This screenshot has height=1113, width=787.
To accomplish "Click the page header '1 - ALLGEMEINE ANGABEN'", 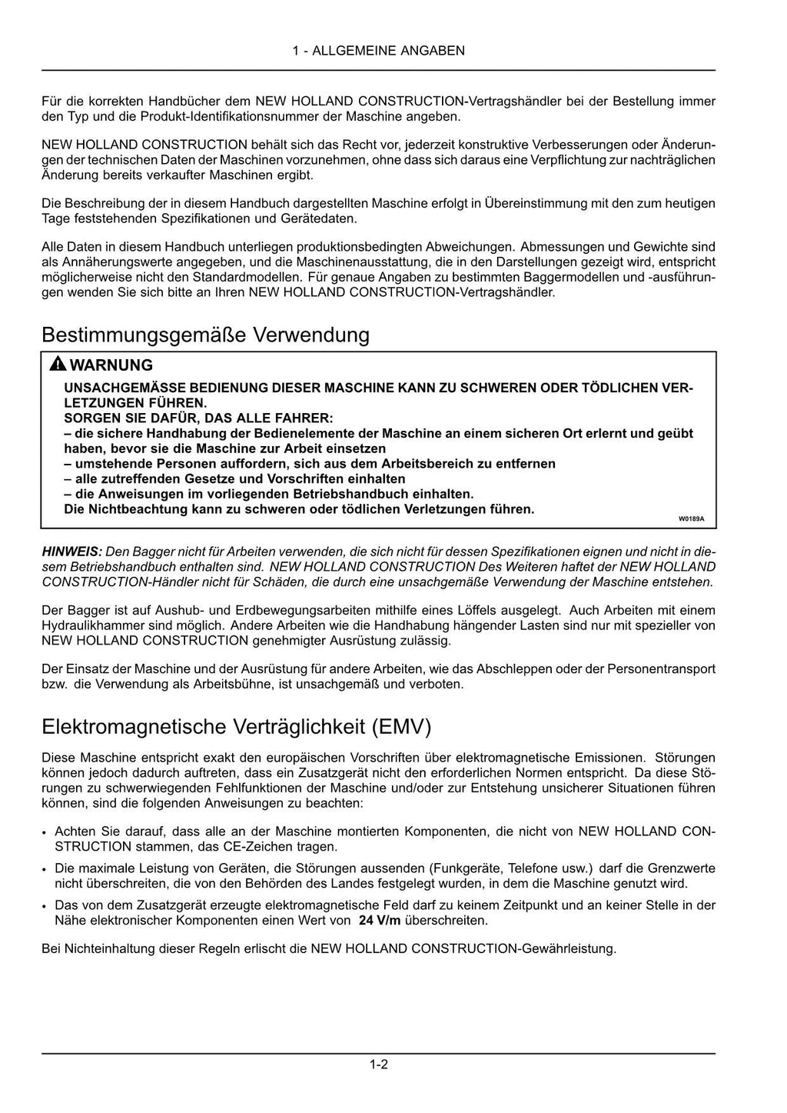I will click(378, 51).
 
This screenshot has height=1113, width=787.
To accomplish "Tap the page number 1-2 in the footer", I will click(378, 1065).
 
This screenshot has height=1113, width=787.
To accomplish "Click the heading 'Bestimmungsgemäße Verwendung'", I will click(205, 335).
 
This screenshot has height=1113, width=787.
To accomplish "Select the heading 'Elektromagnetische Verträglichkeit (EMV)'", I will click(237, 727).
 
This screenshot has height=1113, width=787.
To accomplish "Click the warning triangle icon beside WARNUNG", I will click(57, 365).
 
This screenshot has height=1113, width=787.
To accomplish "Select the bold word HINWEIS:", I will click(71, 552).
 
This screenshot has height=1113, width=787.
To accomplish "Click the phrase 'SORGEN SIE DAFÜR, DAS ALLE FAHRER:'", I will click(198, 418).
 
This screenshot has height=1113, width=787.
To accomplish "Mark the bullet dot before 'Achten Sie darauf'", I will click(45, 832).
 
